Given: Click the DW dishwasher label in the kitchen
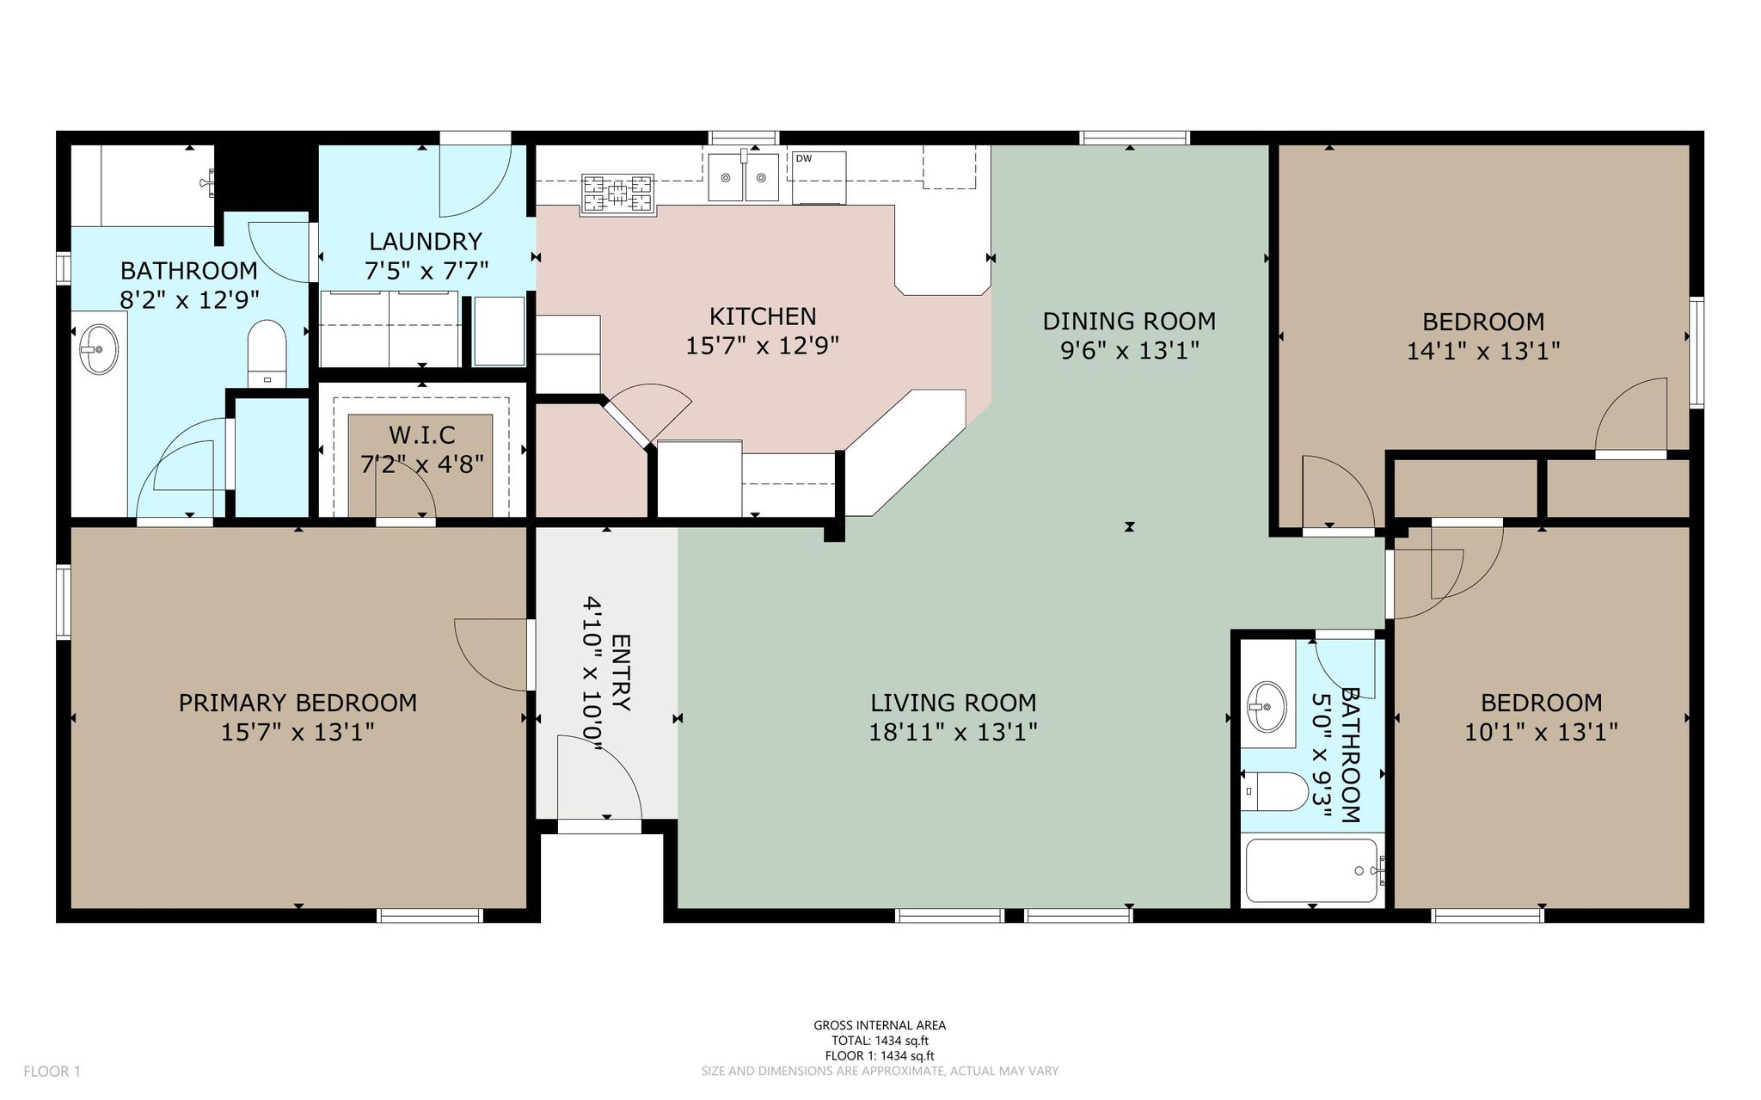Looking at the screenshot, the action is (x=804, y=158).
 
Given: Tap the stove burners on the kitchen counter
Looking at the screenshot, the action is (x=617, y=194).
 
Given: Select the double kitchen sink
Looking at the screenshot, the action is (x=744, y=177).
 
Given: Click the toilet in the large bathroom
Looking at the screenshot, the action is (x=267, y=353).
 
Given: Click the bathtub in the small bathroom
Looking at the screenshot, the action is (x=1313, y=870).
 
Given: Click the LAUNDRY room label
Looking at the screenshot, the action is (x=426, y=242).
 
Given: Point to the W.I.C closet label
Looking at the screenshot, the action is (x=421, y=435).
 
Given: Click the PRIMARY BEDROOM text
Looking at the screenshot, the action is (x=298, y=703).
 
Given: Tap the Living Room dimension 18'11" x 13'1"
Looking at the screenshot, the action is (x=954, y=732).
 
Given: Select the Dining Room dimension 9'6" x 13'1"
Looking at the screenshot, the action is (x=1129, y=351).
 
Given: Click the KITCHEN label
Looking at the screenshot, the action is (x=763, y=316).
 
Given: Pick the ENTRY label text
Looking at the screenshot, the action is (x=621, y=673).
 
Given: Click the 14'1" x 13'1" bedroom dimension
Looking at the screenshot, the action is (x=1483, y=351).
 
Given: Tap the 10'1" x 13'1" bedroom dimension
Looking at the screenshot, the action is (x=1541, y=732).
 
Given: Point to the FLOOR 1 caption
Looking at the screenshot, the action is (x=52, y=1072).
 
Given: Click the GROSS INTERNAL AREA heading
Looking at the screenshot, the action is (x=880, y=1025).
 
